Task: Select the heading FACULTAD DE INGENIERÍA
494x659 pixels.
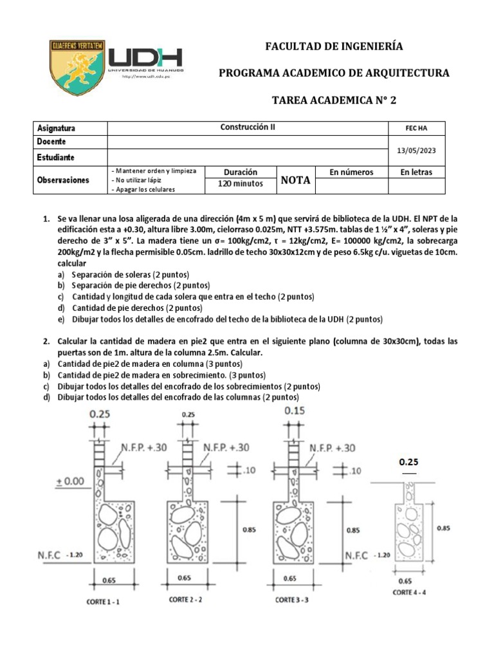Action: tap(334, 46)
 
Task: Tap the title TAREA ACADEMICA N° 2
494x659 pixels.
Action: tap(334, 99)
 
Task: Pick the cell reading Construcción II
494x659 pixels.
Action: tap(248, 127)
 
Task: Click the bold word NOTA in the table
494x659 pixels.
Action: tap(296, 180)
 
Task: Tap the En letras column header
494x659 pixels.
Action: tap(416, 172)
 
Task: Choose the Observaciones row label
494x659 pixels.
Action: tap(63, 180)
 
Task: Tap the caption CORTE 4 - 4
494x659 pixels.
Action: tap(415, 591)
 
